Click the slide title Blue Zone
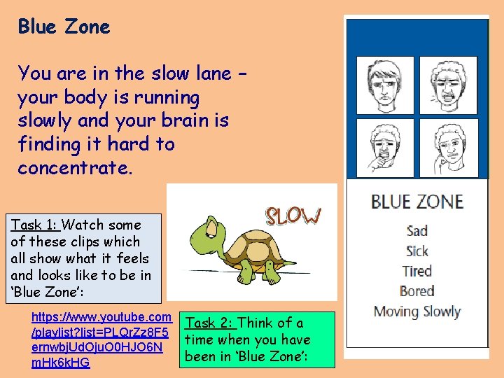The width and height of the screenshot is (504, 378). click(64, 27)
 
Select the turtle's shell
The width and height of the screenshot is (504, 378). click(236, 241)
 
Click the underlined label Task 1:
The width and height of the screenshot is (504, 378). click(35, 225)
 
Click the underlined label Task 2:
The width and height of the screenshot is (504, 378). click(209, 323)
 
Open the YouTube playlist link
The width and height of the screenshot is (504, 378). click(101, 339)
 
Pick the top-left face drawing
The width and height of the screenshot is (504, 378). click(386, 85)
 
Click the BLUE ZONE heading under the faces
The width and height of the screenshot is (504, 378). click(417, 202)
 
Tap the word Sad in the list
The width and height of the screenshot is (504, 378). click(417, 231)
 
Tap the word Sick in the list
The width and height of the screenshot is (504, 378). click(417, 251)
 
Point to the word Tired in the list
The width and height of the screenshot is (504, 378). click(417, 271)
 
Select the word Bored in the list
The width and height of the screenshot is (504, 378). click(417, 291)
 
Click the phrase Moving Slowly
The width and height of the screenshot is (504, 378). click(417, 311)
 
